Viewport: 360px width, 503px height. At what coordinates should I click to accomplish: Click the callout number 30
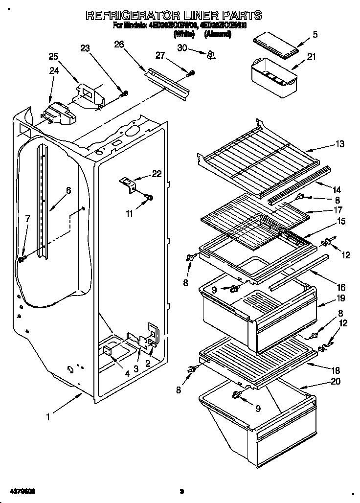[x=181, y=48]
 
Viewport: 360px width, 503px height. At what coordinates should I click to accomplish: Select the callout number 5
[x=315, y=34]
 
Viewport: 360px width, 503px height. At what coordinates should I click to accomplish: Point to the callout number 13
[x=339, y=144]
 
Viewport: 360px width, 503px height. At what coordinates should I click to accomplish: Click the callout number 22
[x=156, y=174]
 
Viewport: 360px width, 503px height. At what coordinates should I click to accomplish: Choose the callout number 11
[x=130, y=213]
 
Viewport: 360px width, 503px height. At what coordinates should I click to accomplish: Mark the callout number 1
[x=48, y=417]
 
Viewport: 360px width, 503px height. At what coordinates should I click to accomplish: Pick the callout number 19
[x=340, y=297]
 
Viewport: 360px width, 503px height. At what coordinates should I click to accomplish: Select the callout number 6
[x=68, y=191]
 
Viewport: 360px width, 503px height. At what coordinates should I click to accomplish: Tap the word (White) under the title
[x=184, y=35]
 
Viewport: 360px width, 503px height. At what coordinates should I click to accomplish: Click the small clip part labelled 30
[x=211, y=54]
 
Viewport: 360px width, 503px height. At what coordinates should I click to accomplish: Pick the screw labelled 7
[x=22, y=258]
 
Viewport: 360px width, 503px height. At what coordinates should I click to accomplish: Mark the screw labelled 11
[x=149, y=198]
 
